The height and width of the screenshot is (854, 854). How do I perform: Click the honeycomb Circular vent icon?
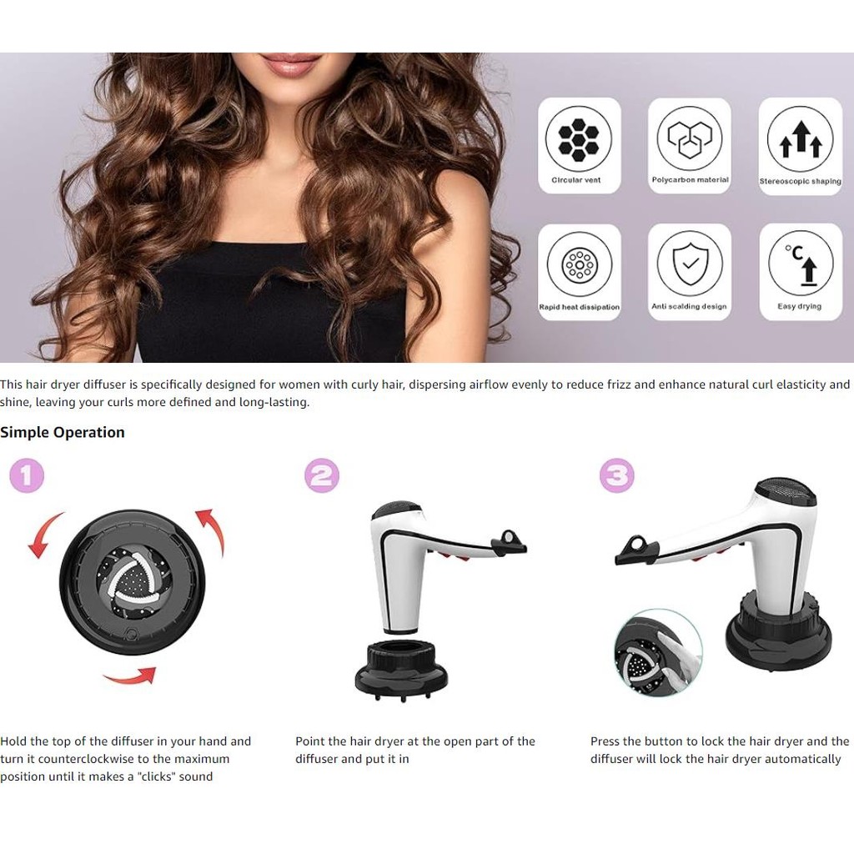tap(579, 139)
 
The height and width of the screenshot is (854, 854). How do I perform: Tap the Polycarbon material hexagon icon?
tap(690, 139)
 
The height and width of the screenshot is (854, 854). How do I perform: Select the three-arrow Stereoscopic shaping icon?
tap(800, 139)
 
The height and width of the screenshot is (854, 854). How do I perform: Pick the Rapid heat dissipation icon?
tap(580, 265)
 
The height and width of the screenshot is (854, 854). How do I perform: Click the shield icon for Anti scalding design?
tap(690, 264)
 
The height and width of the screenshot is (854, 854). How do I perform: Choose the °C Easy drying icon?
tap(801, 264)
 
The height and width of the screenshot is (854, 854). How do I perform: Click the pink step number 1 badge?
tap(27, 475)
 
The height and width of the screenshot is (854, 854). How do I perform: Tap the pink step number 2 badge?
tap(321, 475)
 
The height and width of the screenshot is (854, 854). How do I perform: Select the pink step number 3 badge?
tap(616, 475)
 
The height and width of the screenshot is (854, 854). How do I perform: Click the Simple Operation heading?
tap(62, 433)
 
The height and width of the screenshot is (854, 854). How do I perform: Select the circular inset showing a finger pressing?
tap(658, 652)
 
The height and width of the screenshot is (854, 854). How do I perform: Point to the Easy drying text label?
tap(800, 307)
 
